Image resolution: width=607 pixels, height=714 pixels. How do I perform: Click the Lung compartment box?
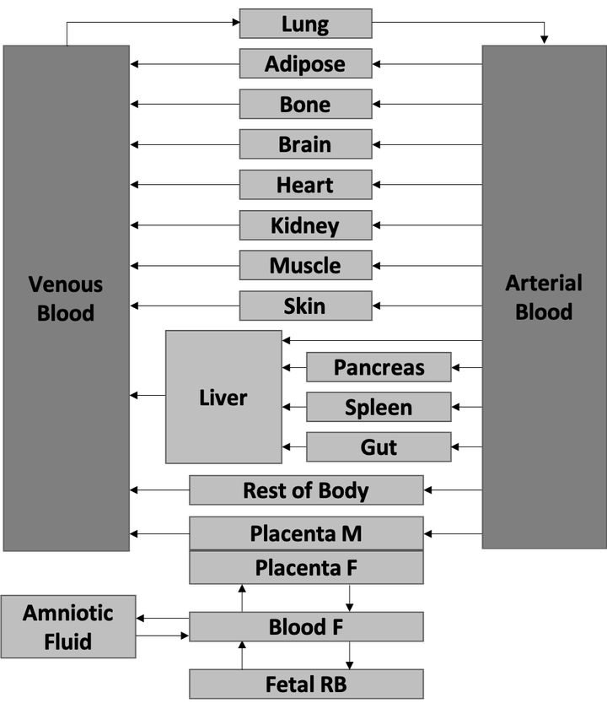pos(305,24)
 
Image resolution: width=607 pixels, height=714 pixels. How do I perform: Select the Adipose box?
pos(305,64)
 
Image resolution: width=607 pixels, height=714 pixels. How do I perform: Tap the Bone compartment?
pos(305,105)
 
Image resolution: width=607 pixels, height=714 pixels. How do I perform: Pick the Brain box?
pos(305,144)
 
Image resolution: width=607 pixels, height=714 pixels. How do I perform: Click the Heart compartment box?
pos(305,185)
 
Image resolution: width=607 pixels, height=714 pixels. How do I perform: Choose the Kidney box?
pos(305,225)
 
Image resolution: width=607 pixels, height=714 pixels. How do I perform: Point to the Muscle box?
pos(305,266)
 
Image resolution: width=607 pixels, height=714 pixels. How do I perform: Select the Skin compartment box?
pos(305,306)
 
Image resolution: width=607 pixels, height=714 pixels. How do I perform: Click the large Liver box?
pos(223,397)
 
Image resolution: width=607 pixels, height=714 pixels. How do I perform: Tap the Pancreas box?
pos(378,368)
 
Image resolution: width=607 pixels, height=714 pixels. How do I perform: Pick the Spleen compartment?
pos(378,408)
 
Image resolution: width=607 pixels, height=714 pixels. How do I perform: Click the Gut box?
pos(378,447)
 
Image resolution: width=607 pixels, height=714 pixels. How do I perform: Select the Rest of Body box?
pos(306,490)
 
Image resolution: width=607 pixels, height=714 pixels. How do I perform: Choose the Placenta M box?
pos(306,533)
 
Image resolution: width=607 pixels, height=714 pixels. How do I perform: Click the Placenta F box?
pos(306,568)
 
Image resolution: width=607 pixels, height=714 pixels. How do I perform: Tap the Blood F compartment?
pos(306,627)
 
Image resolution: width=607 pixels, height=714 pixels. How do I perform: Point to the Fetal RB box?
pos(306,684)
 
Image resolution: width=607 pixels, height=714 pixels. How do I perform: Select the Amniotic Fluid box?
pos(68,627)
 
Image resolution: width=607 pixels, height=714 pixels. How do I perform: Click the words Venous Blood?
pos(66,298)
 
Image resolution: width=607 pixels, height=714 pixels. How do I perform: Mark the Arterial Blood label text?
pos(544,297)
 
